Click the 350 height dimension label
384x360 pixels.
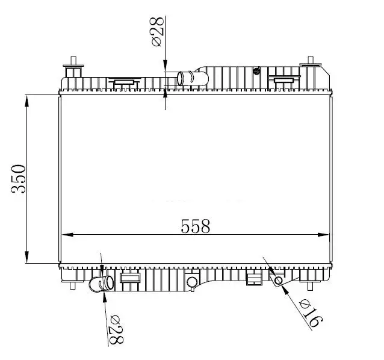(19, 179)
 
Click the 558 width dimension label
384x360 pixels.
(196, 226)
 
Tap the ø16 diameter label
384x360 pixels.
(311, 313)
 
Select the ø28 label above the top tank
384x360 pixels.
(158, 31)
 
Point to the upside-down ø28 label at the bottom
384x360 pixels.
(116, 330)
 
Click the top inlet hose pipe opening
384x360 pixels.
(180, 78)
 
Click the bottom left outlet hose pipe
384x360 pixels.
(101, 284)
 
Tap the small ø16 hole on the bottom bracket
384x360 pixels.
(279, 280)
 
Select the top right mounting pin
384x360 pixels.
(311, 63)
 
